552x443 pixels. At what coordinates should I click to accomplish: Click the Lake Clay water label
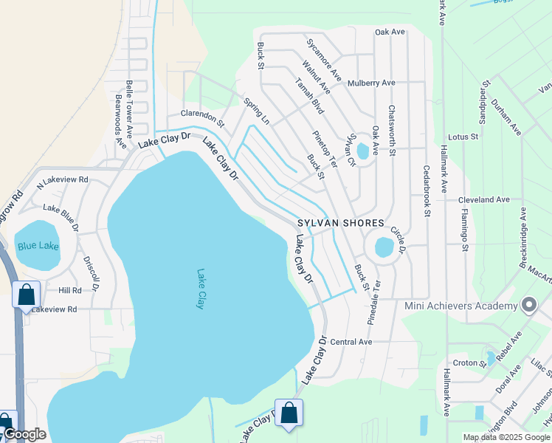[x=199, y=288]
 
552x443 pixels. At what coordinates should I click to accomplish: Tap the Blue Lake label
[x=37, y=247]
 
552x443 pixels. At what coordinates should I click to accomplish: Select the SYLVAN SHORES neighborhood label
[x=341, y=223]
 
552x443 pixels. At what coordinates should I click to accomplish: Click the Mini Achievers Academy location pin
[x=528, y=305]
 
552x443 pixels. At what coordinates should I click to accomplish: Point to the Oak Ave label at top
[x=390, y=32]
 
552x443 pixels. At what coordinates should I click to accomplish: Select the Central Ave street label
[x=351, y=342]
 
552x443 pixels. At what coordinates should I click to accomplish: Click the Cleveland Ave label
[x=484, y=199]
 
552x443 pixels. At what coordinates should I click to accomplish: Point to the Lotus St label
[x=463, y=137]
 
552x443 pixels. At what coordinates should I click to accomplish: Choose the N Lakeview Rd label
[x=63, y=179]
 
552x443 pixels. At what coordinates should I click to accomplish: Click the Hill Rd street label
[x=70, y=290]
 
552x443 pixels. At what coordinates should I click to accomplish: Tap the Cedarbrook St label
[x=427, y=190]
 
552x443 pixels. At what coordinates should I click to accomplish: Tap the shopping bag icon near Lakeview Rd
[x=26, y=295]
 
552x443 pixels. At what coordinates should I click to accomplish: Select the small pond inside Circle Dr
[x=384, y=247]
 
